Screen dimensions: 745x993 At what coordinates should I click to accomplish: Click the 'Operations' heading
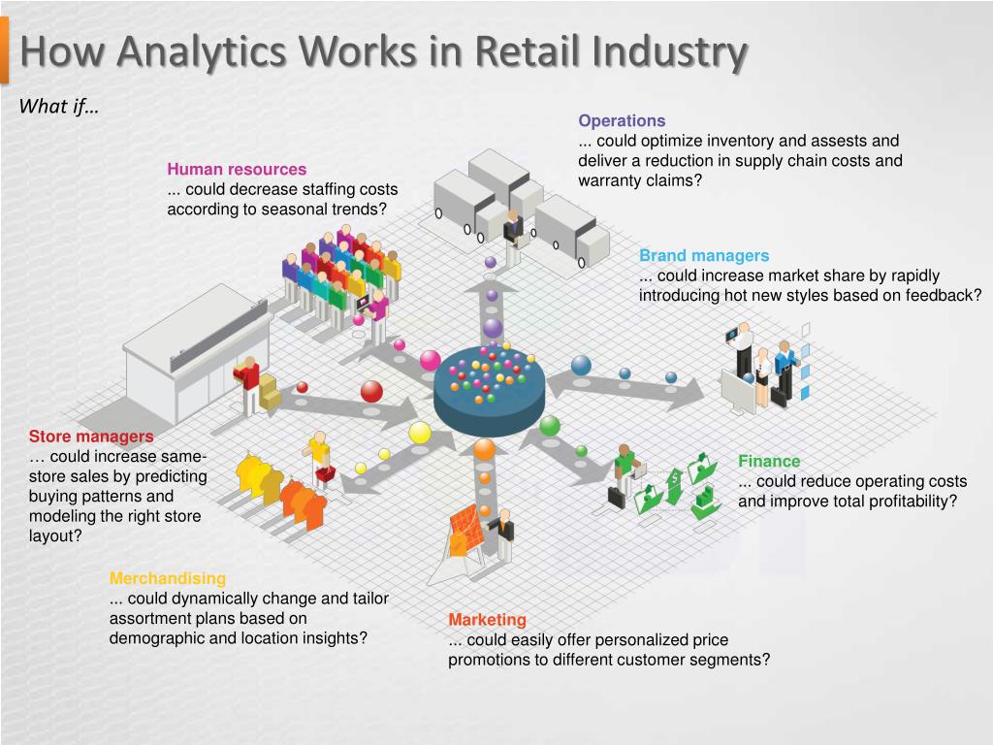click(x=622, y=121)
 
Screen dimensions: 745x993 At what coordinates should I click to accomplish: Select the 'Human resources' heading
click(x=237, y=170)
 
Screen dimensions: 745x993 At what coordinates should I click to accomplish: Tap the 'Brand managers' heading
click(x=704, y=256)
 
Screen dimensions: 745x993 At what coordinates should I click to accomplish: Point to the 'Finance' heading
click(x=769, y=462)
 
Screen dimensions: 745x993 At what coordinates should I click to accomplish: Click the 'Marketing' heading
click(x=487, y=620)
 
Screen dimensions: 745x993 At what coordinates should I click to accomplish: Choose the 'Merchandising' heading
click(x=168, y=578)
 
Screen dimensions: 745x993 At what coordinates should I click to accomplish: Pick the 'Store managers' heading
click(x=91, y=437)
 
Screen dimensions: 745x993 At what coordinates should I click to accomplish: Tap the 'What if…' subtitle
click(x=59, y=107)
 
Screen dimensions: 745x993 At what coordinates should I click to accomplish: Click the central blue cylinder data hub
click(x=490, y=393)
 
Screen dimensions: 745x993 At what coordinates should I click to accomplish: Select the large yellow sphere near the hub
click(x=420, y=433)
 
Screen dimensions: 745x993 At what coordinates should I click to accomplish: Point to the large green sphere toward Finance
click(x=550, y=425)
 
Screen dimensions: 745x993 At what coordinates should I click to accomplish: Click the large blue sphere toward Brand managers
click(x=581, y=366)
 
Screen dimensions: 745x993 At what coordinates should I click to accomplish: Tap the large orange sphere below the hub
click(x=485, y=449)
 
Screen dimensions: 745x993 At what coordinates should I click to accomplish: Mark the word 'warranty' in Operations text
click(x=609, y=180)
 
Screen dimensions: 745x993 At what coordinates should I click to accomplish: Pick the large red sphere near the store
click(x=371, y=391)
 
